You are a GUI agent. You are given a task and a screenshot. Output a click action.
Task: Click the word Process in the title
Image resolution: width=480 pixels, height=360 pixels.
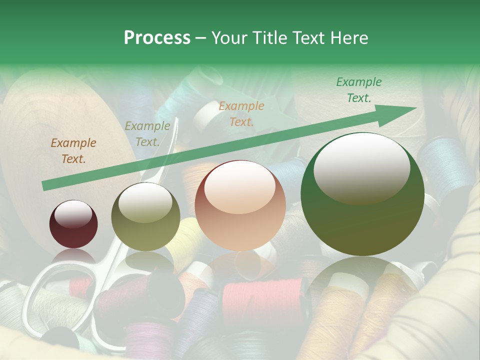point(157,37)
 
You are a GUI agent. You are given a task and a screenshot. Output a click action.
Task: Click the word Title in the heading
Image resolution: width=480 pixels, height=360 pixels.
point(269,37)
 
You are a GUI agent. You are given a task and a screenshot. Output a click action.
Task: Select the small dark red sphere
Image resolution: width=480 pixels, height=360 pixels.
point(73,224)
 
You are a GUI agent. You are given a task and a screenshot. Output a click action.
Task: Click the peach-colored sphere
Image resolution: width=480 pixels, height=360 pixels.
point(240,205)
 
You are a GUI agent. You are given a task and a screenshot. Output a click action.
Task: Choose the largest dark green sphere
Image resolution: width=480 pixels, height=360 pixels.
point(362,194)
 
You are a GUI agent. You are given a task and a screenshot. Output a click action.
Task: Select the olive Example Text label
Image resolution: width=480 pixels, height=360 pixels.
point(147,134)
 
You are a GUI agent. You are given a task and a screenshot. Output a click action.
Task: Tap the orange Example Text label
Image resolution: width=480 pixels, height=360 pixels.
point(241,113)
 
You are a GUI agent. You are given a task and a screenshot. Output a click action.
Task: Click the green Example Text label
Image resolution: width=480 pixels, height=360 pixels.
point(359,90)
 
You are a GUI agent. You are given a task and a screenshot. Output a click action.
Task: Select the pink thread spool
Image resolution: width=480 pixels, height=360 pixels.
point(262,300)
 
